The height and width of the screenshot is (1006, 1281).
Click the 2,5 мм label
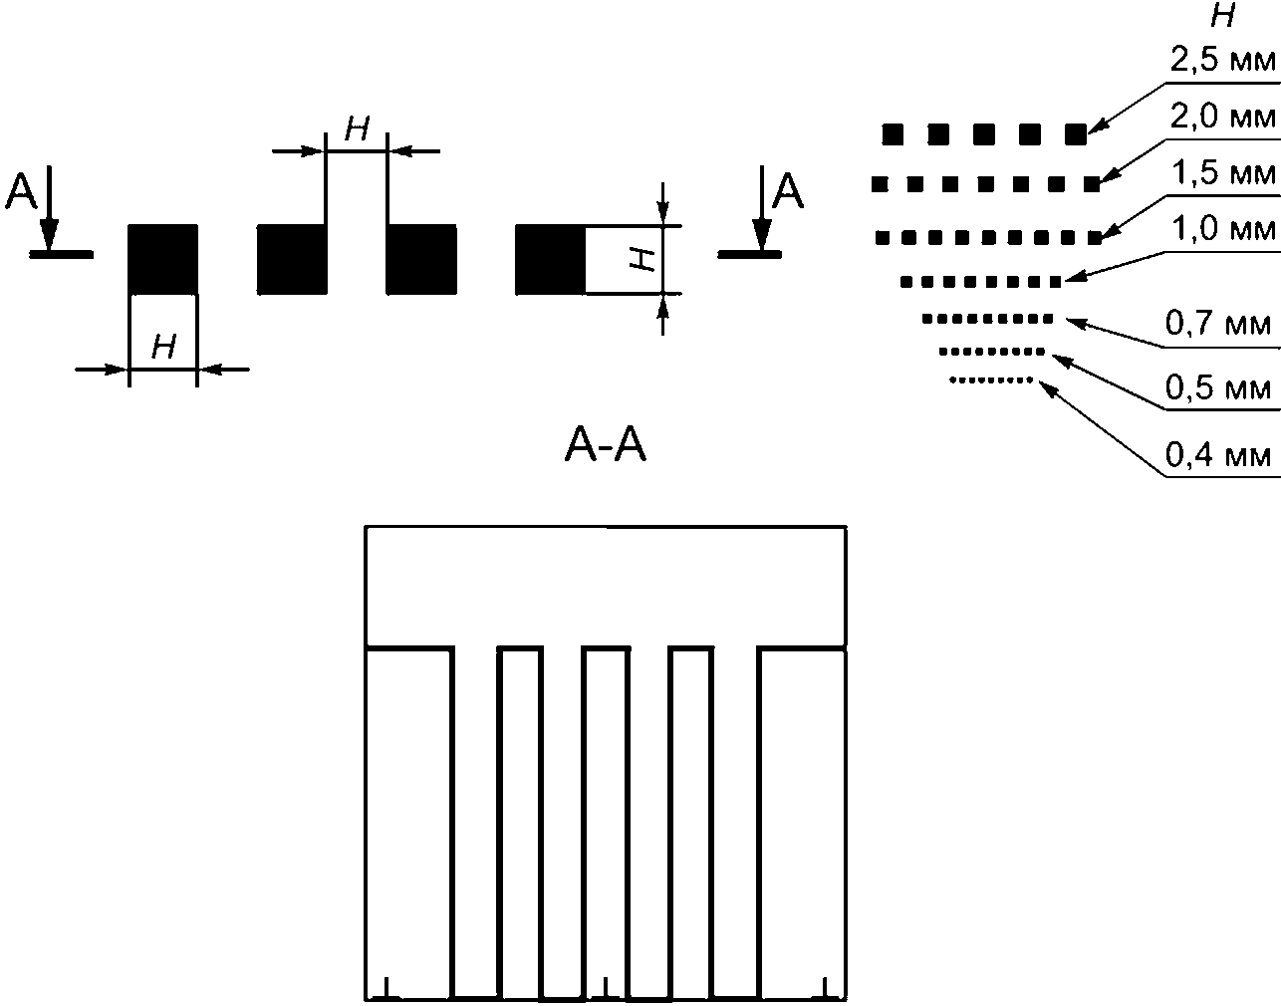click(x=1222, y=60)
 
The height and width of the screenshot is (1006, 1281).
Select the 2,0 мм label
click(x=1222, y=117)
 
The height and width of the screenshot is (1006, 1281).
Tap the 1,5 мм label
click(x=1222, y=173)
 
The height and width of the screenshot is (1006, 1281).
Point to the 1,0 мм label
click(x=1222, y=229)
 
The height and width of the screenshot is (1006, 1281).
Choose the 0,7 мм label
click(x=1218, y=324)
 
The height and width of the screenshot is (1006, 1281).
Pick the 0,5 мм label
click(x=1218, y=387)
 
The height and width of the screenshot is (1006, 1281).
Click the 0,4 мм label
click(x=1218, y=455)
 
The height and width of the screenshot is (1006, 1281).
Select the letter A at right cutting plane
click(x=788, y=191)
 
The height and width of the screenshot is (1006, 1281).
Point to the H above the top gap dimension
click(x=357, y=128)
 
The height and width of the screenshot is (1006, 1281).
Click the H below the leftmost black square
click(x=164, y=347)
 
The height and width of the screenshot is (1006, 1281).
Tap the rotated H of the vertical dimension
click(x=644, y=260)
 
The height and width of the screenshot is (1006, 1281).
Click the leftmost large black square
click(x=163, y=260)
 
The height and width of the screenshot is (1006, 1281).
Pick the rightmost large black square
click(x=550, y=260)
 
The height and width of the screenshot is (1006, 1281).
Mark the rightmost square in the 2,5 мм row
click(x=1075, y=132)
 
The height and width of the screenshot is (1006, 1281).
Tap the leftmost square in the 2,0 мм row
click(x=879, y=183)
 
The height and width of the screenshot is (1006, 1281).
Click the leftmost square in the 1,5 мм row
click(x=883, y=237)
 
